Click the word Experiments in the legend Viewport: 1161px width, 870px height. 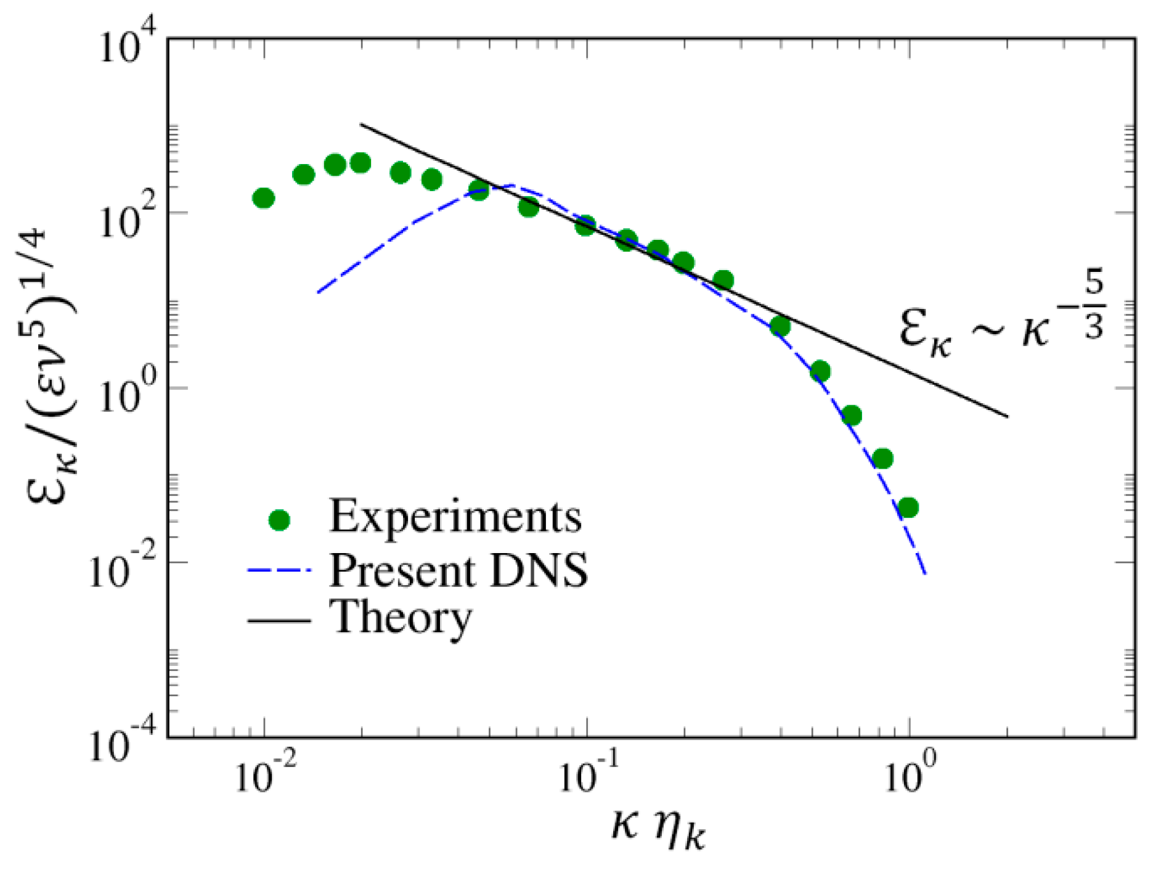click(x=455, y=516)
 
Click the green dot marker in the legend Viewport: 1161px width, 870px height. click(x=279, y=520)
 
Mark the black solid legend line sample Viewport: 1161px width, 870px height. click(x=279, y=619)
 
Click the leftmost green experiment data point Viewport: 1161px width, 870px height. click(x=264, y=199)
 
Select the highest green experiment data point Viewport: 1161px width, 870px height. click(x=361, y=163)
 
